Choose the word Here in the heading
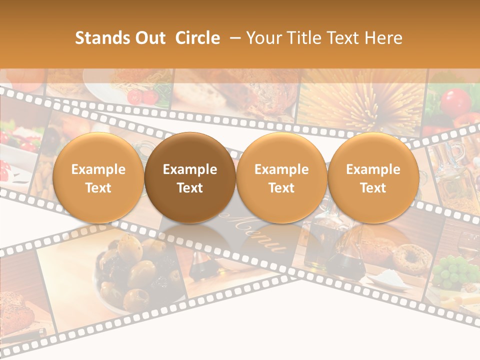[x=383, y=38]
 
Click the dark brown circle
[x=190, y=178]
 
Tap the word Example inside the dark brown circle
[x=190, y=169]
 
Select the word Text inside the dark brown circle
[x=190, y=188]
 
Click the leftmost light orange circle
[x=98, y=178]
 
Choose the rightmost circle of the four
[x=373, y=178]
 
